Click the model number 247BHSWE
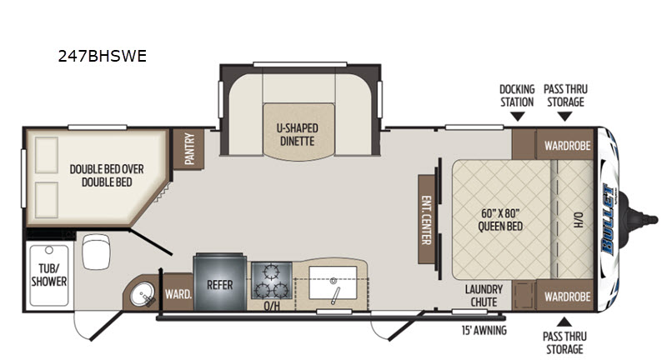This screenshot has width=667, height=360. (102, 56)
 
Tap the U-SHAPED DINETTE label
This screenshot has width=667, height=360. (298, 134)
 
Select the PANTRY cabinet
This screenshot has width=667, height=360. (188, 149)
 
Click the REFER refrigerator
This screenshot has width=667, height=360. (220, 282)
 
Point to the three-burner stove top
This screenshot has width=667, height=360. (271, 281)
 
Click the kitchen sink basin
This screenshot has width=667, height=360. (333, 282)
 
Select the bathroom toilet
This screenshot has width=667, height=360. (96, 252)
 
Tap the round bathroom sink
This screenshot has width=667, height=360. (142, 294)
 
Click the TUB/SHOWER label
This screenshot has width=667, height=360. (49, 274)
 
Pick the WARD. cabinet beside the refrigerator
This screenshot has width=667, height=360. (178, 292)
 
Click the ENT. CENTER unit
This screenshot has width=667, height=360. (426, 220)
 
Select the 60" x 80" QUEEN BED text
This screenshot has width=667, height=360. (500, 220)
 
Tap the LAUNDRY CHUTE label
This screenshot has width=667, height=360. (484, 295)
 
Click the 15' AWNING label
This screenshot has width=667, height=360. (484, 330)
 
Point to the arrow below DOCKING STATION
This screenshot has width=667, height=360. (517, 117)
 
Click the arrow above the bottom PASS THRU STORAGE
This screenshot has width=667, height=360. (564, 322)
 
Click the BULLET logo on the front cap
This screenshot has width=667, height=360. (608, 219)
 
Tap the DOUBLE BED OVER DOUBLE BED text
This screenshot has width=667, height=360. (107, 175)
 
